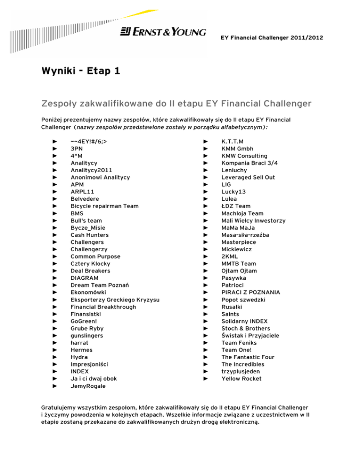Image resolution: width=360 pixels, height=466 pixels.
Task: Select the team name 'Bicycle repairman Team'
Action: (x=105, y=206)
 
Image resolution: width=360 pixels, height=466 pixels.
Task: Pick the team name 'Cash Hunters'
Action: (x=90, y=235)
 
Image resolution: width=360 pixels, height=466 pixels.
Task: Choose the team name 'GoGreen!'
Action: (x=84, y=321)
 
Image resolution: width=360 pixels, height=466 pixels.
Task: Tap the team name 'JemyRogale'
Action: (x=88, y=386)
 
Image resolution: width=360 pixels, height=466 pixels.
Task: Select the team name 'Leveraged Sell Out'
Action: (x=248, y=177)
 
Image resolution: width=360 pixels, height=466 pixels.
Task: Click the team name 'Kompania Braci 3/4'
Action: (x=249, y=163)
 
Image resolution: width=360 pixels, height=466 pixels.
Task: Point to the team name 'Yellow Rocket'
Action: (x=242, y=379)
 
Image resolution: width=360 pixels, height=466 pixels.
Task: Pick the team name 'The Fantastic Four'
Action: (x=247, y=357)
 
